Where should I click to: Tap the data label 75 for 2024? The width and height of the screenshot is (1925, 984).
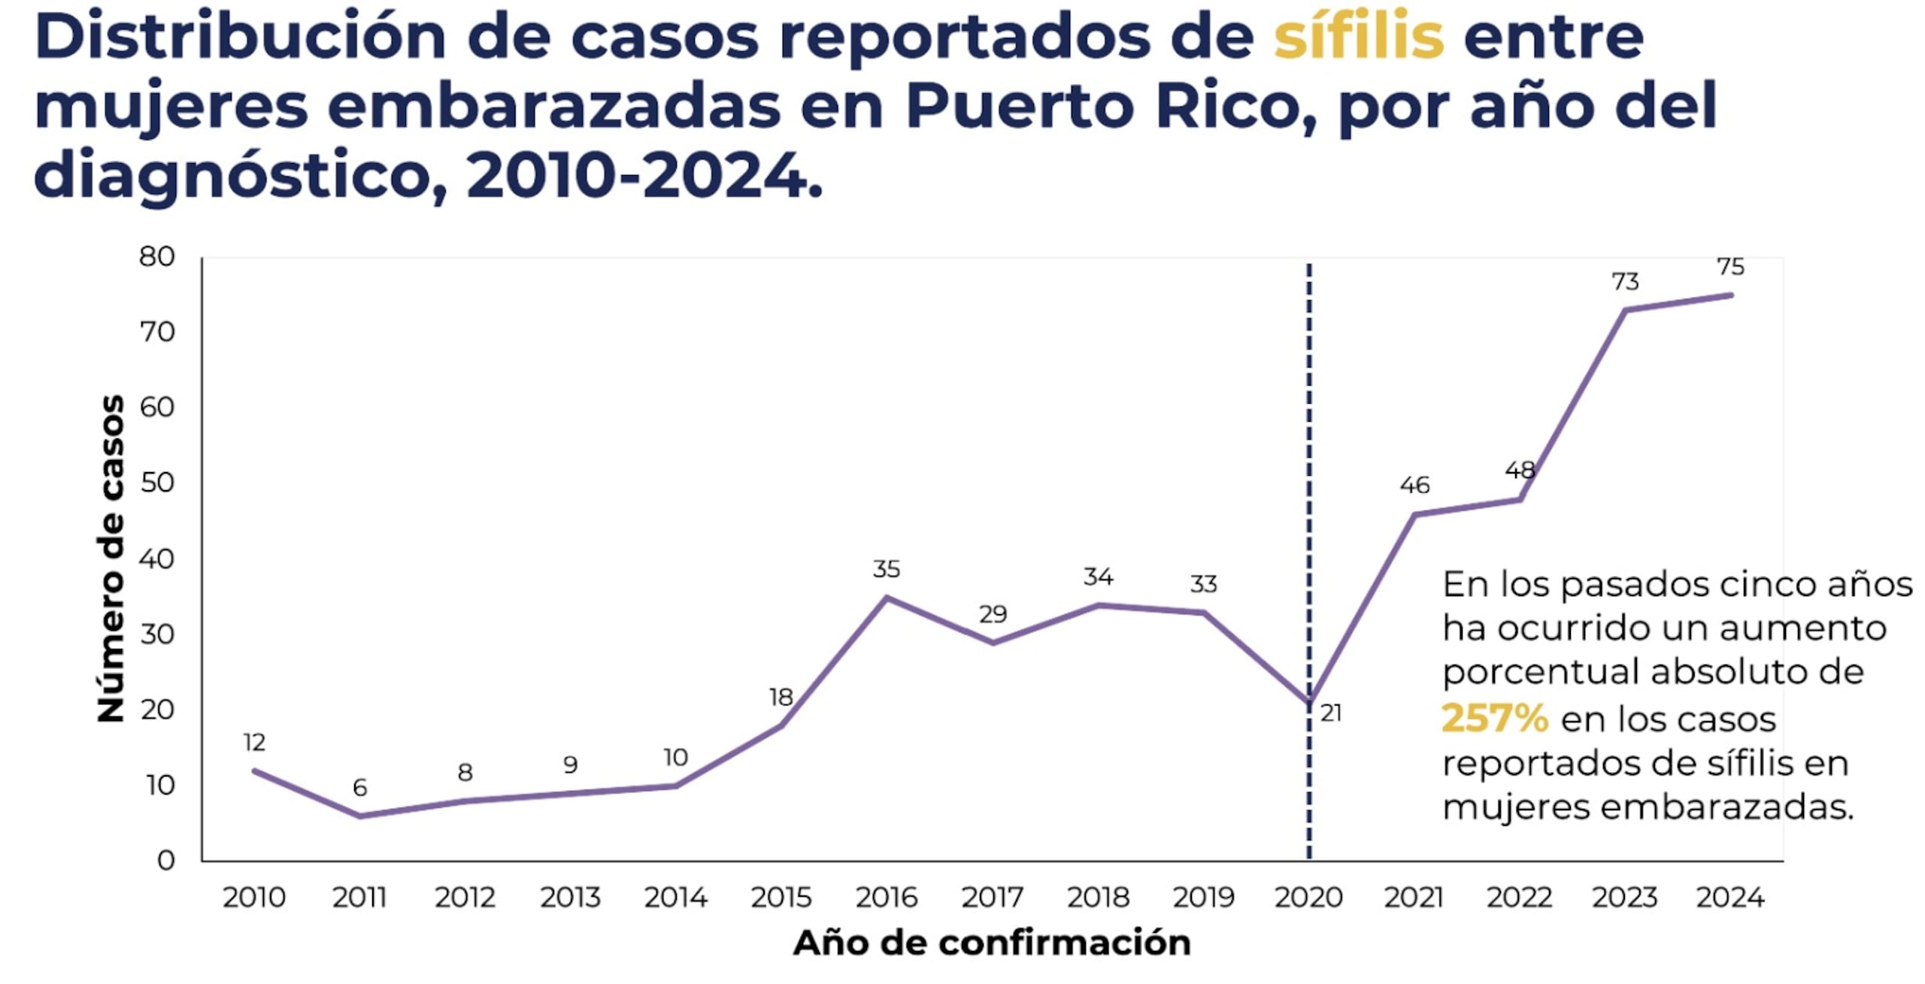[x=1730, y=267]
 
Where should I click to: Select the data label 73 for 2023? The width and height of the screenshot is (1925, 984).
[x=1625, y=282]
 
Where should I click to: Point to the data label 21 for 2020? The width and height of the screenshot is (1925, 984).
[x=1331, y=713]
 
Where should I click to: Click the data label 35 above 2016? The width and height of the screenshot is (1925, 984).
[x=887, y=569]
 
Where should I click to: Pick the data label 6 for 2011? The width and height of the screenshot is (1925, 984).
[x=359, y=787]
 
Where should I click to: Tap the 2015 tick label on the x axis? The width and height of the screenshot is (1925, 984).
[x=781, y=897]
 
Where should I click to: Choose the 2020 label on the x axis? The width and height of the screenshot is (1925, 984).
[x=1308, y=897]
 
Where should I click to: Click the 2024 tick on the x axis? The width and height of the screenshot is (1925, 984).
[x=1730, y=897]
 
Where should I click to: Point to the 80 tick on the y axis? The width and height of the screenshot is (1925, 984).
[x=157, y=256]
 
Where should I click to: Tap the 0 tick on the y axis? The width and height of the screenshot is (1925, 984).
[x=165, y=860]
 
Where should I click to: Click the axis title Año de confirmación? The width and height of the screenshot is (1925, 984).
[x=992, y=943]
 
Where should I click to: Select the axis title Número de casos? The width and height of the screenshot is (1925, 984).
[x=111, y=558]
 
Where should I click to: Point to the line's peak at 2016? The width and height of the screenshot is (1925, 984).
[x=887, y=598]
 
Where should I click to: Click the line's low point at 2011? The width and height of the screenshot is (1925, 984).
[x=359, y=816]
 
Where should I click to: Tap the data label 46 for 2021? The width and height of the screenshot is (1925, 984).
[x=1414, y=486]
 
